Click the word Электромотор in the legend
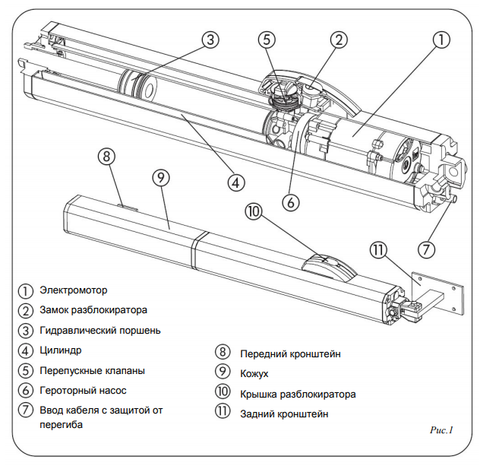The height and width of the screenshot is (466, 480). pyautogui.click(x=74, y=290)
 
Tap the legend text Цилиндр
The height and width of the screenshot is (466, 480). pyautogui.click(x=62, y=350)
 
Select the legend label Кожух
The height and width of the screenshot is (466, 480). pyautogui.click(x=254, y=374)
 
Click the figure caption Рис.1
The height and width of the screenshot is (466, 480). pyautogui.click(x=441, y=430)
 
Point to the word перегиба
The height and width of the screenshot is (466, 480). pyautogui.click(x=62, y=425)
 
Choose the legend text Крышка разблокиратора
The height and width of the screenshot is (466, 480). pyautogui.click(x=298, y=395)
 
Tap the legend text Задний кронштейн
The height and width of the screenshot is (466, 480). pyautogui.click(x=285, y=414)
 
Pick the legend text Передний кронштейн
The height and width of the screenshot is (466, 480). pyautogui.click(x=290, y=354)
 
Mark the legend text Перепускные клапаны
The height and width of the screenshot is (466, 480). pyautogui.click(x=92, y=370)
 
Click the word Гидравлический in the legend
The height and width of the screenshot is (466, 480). pyautogui.click(x=78, y=330)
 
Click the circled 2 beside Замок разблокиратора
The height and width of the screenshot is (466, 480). pyautogui.click(x=27, y=310)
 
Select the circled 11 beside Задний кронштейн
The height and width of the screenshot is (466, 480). pyautogui.click(x=223, y=414)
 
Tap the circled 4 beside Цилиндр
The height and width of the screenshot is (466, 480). pyautogui.click(x=27, y=350)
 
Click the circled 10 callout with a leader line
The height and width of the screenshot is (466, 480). pyautogui.click(x=254, y=211)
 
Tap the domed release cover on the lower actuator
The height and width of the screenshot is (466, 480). pyautogui.click(x=327, y=266)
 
